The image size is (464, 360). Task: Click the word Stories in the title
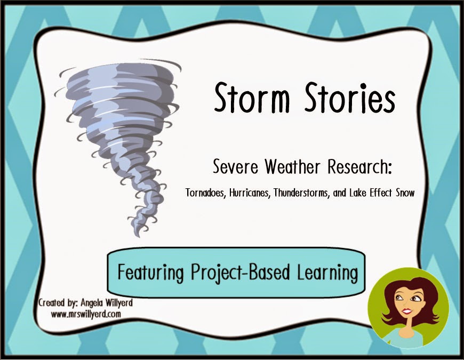(x=346, y=100)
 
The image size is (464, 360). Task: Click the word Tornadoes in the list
(x=205, y=195)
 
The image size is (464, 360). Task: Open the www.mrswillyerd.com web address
(x=86, y=314)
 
